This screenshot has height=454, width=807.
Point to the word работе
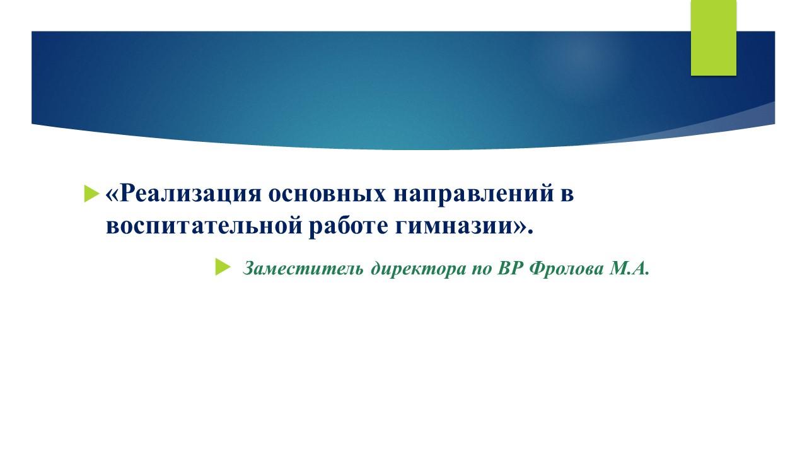pyautogui.click(x=349, y=226)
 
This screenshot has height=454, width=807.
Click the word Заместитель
pyautogui.click(x=303, y=269)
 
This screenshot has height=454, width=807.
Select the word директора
pyautogui.click(x=418, y=269)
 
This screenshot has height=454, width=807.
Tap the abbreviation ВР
pyautogui.click(x=509, y=269)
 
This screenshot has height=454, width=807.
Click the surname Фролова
pyautogui.click(x=566, y=269)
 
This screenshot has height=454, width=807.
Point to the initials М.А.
pyautogui.click(x=629, y=269)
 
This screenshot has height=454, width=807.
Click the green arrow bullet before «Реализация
pyautogui.click(x=91, y=194)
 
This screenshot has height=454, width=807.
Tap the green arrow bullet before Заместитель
pyautogui.click(x=223, y=267)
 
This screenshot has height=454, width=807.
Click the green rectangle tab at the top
pyautogui.click(x=713, y=37)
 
